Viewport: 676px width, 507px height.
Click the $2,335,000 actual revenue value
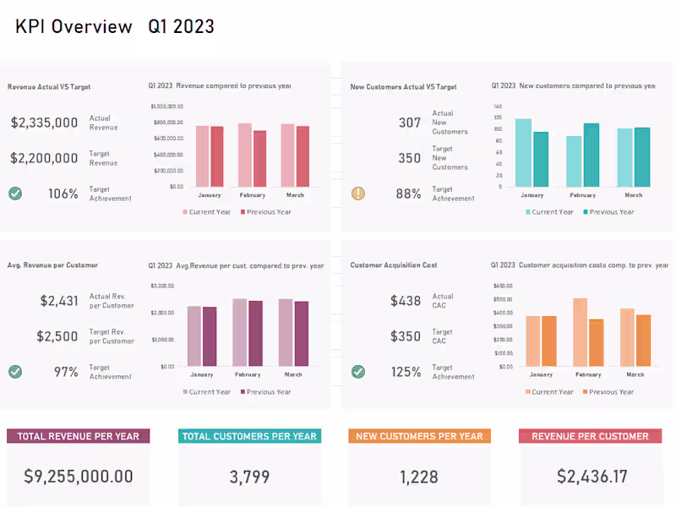tap(44, 123)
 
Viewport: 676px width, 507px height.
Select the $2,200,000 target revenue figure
tap(44, 158)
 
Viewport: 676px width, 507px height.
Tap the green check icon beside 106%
tap(15, 194)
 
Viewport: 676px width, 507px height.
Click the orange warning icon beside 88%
tap(358, 194)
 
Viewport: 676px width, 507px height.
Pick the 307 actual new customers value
tap(410, 123)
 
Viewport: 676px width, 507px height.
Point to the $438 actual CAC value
tap(406, 301)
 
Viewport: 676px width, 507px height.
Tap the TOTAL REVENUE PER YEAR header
tap(79, 436)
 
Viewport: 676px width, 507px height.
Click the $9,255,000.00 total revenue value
tap(79, 477)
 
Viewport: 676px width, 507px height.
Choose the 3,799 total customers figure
tap(249, 477)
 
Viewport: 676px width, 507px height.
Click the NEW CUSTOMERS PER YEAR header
tap(419, 436)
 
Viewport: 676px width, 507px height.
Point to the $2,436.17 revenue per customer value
tap(591, 477)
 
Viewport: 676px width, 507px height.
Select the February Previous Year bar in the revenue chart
tap(259, 159)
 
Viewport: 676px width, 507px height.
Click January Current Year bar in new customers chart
tap(524, 153)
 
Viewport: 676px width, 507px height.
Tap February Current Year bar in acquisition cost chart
tap(580, 330)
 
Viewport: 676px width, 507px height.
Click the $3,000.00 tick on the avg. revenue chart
tap(162, 286)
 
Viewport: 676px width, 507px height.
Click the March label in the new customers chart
tap(633, 195)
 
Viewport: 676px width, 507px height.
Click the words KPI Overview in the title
tap(74, 26)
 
